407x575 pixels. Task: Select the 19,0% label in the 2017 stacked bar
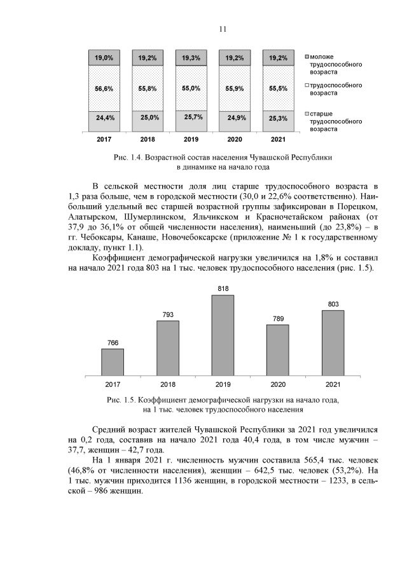pos(105,58)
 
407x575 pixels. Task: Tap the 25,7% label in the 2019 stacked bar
pos(193,117)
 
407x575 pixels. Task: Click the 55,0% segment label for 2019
pos(193,88)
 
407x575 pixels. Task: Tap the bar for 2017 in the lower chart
pos(113,362)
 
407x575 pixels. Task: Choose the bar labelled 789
pos(277,350)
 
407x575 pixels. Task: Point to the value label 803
pos(333,304)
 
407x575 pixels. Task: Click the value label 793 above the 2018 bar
pos(167,315)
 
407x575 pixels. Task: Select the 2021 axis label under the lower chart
pos(333,385)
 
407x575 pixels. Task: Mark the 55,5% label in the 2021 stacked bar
pos(277,89)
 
